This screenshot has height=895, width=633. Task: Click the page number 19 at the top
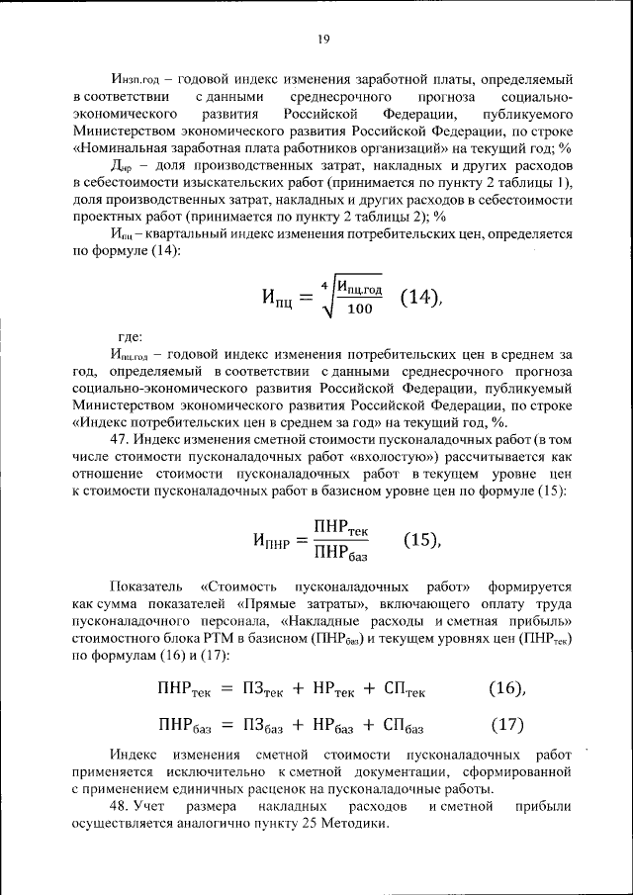322,40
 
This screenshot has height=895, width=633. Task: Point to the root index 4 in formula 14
323,278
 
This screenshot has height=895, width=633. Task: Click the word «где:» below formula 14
130,334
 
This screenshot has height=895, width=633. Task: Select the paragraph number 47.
119,437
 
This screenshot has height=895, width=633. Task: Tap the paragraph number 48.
119,807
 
